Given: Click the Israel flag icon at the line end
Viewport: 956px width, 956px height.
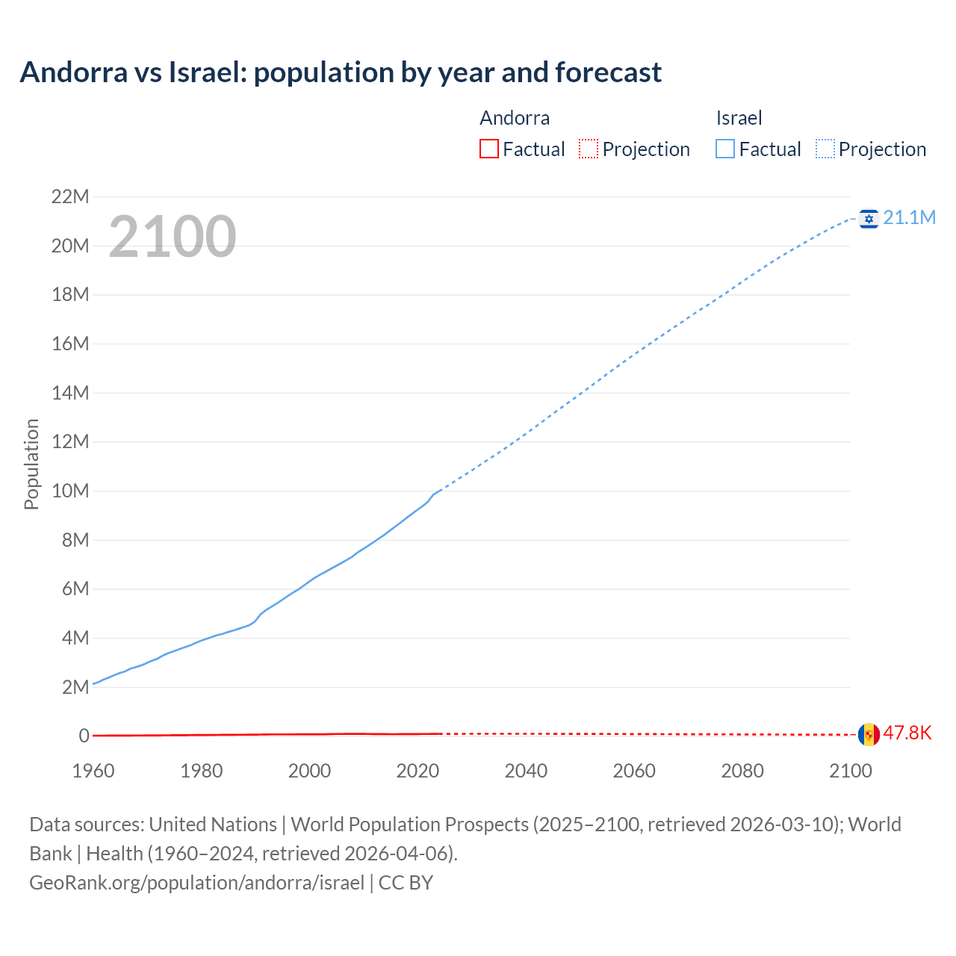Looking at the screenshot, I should pos(869,218).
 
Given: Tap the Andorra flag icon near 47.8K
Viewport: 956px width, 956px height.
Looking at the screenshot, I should pos(869,734).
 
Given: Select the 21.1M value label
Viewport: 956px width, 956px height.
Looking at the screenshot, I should pos(909,217).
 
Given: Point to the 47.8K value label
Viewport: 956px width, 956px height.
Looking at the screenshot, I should pos(907,733).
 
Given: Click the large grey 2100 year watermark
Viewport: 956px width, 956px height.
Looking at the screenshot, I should pos(173,237).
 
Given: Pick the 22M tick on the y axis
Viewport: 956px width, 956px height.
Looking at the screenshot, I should pos(70,197).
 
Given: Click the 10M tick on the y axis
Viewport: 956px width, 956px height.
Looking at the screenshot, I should pos(70,491).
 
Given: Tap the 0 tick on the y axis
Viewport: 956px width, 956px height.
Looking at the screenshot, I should pos(84,736).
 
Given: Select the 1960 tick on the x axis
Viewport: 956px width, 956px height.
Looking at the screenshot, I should pos(93,771).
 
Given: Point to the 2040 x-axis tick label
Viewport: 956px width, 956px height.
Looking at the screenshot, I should pos(526,771).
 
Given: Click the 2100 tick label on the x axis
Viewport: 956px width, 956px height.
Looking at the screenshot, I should pos(850,771).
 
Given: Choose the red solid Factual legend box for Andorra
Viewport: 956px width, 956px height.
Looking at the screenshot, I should pos(489,149).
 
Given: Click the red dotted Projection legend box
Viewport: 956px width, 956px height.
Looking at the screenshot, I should pos(589,149).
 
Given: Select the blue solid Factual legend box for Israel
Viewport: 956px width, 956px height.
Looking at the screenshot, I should pos(725,149).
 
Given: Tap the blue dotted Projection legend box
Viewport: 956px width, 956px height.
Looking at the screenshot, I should pos(825,149).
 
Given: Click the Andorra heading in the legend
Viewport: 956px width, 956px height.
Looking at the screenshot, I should pos(515,118).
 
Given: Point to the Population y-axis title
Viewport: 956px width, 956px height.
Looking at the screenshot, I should pos(31,464).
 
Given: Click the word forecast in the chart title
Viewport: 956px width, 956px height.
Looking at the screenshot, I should pos(608,72).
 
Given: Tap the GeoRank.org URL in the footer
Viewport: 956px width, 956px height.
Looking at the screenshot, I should pos(196,882).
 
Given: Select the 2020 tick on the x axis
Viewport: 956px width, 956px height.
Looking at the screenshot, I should pos(418,771).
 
